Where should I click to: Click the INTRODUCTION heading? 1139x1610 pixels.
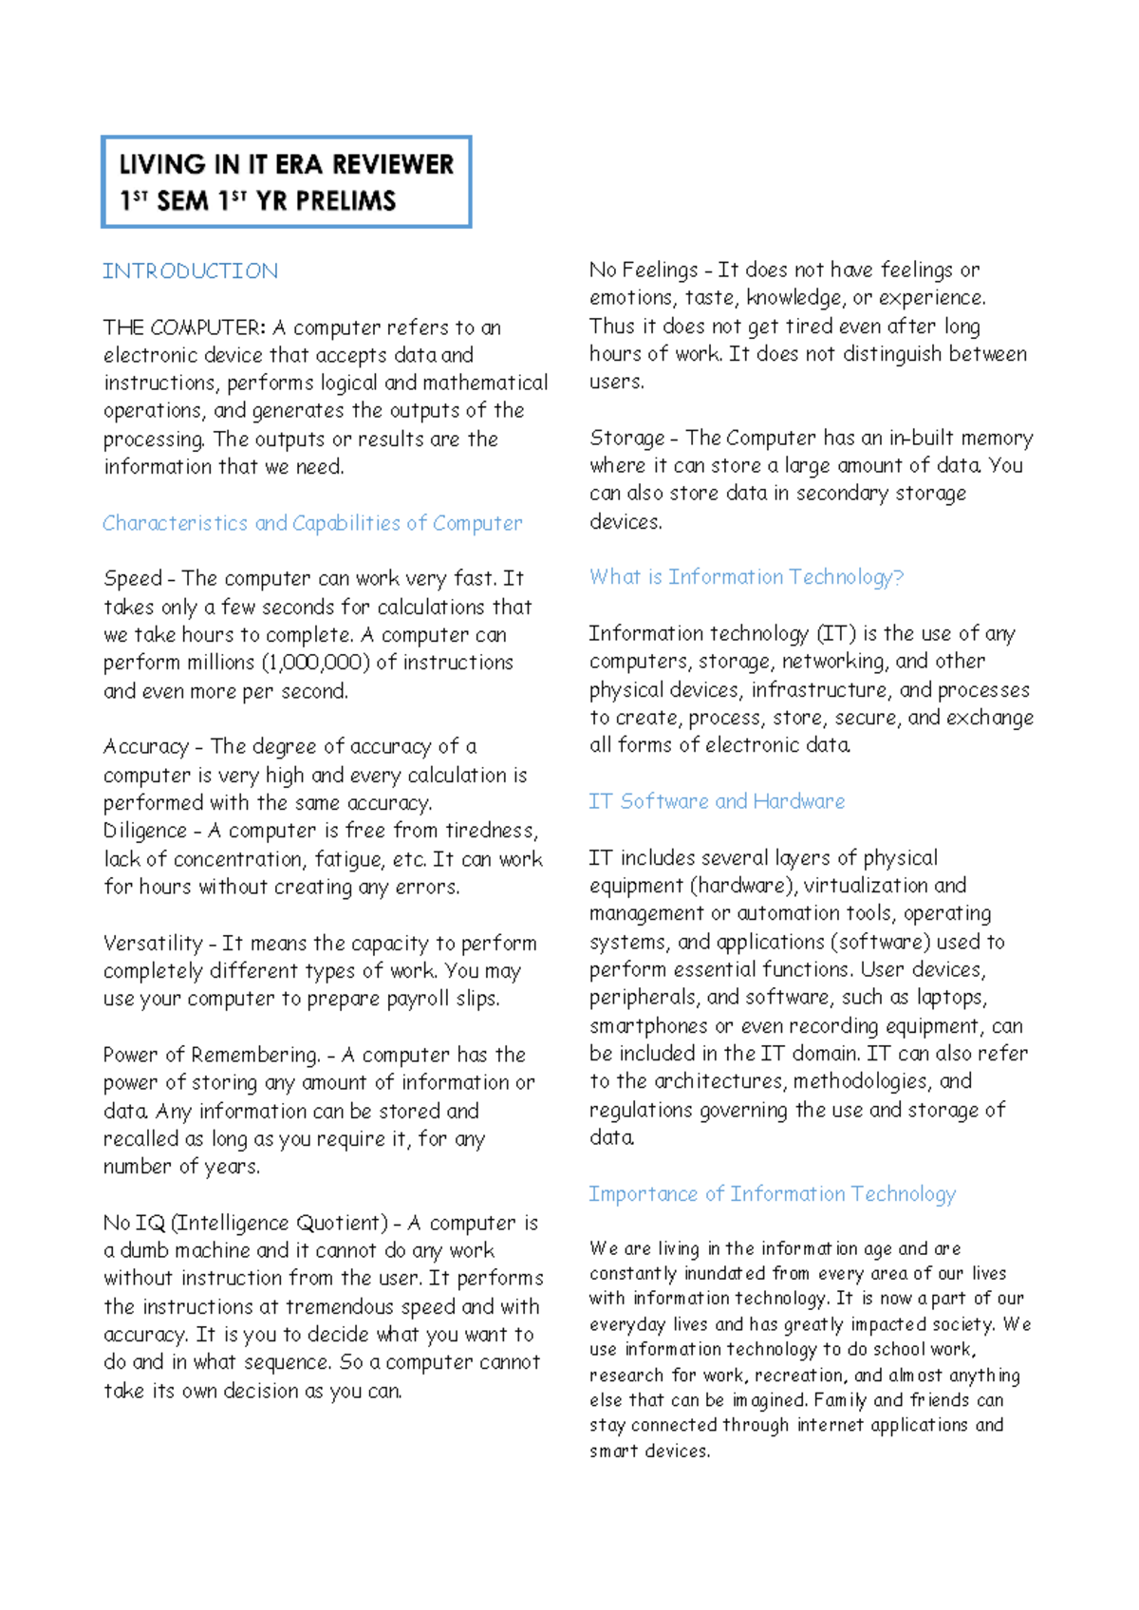coord(190,271)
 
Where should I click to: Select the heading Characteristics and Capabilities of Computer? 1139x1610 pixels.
coord(312,523)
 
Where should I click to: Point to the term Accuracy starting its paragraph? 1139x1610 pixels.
coord(146,747)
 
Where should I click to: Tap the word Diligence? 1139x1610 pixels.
coord(145,831)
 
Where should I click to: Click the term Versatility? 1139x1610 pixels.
coord(153,944)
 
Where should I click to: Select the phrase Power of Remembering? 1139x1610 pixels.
coord(211,1055)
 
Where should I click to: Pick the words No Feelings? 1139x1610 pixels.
coord(643,271)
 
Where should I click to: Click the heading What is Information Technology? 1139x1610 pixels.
coord(746,577)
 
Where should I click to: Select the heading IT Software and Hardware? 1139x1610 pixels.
coord(717,801)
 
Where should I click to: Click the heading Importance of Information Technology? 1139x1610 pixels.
coord(772,1194)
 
